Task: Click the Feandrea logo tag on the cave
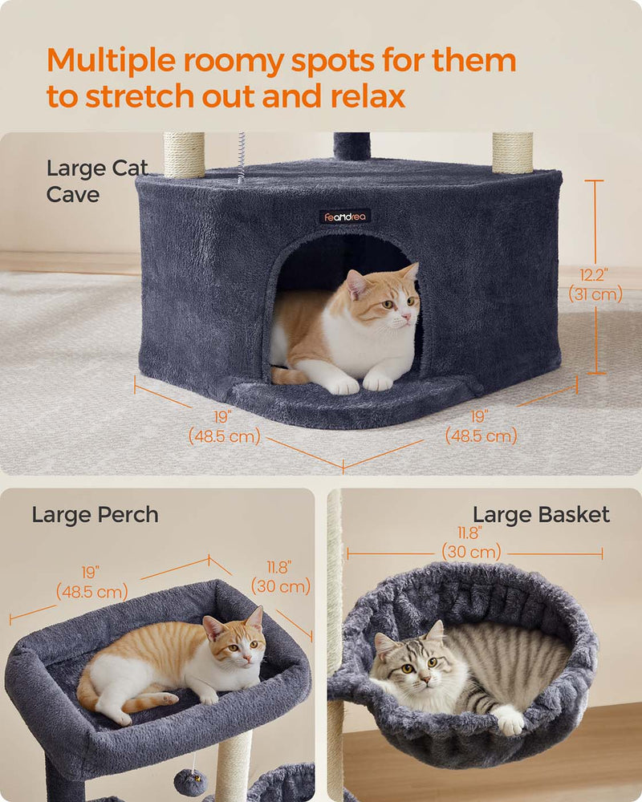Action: [x=345, y=217]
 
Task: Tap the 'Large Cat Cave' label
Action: [x=97, y=181]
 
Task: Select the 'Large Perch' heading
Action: [x=95, y=515]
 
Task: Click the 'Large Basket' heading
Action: [x=541, y=515]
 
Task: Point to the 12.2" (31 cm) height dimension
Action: [x=595, y=285]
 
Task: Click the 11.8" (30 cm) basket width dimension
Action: [x=471, y=542]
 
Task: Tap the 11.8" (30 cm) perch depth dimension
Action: [x=281, y=577]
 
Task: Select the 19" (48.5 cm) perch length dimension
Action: [x=91, y=582]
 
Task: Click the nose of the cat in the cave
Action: [x=406, y=318]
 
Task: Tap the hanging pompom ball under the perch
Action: [x=190, y=782]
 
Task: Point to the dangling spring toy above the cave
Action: [x=241, y=157]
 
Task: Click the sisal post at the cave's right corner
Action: [x=513, y=153]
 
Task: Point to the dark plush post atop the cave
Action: [x=351, y=146]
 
